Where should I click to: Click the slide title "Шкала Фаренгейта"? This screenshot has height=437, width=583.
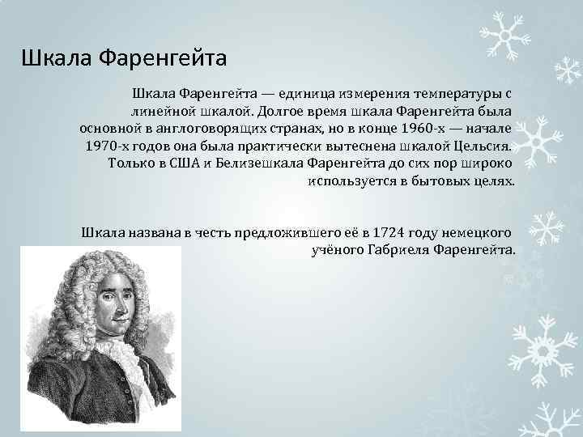pos(125,59)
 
